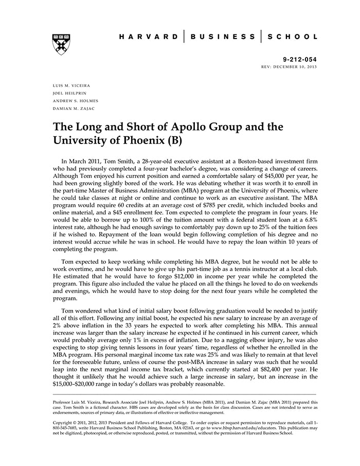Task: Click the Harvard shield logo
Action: click(x=61, y=44)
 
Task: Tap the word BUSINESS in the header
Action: click(x=223, y=37)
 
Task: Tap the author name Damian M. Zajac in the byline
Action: click(x=71, y=109)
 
